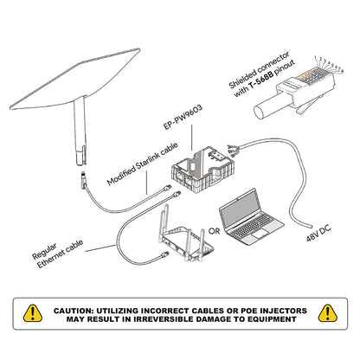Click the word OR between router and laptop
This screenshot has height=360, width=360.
click(212, 231)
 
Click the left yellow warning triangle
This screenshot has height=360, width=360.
click(33, 313)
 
